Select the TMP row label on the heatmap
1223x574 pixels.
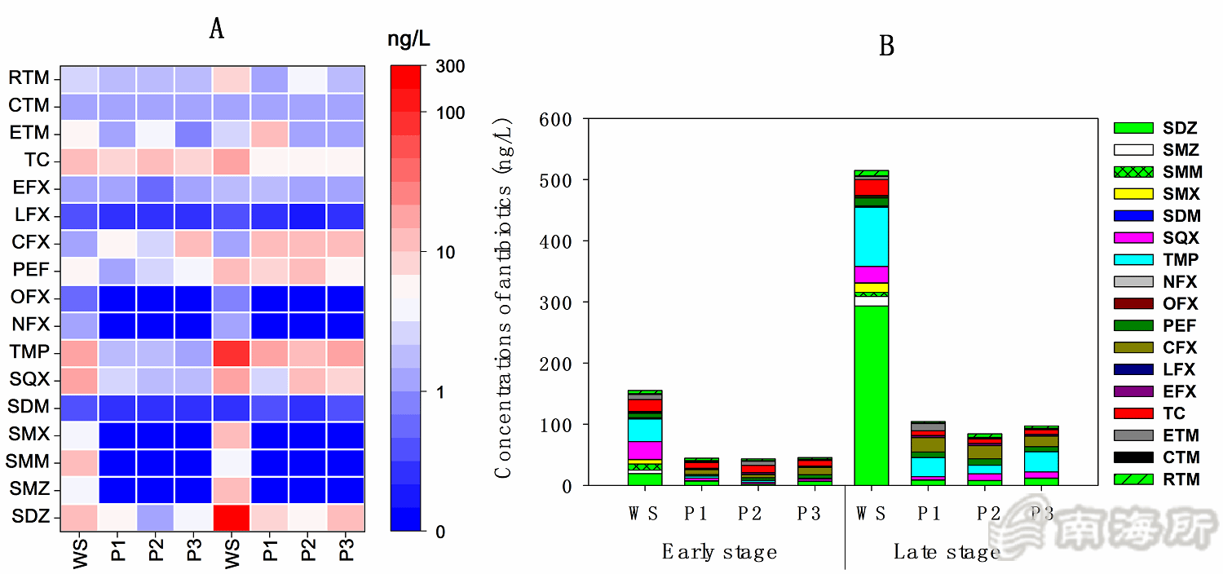pos(29,352)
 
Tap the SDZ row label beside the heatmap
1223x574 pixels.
pos(29,516)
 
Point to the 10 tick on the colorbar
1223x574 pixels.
pos(445,252)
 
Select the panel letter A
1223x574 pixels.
pos(216,29)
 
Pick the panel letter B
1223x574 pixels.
pos(886,46)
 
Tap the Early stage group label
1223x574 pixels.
pos(718,552)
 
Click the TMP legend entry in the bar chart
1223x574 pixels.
pos(1180,260)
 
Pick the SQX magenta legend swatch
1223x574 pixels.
pos(1133,238)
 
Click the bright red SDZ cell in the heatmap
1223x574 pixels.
pos(232,516)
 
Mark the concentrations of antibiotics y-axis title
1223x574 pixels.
pos(504,302)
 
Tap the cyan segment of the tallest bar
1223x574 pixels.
pos(871,236)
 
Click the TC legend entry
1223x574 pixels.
pos(1174,413)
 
